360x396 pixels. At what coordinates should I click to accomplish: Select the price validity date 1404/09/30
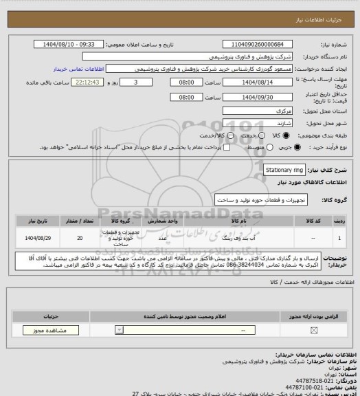click(x=256, y=98)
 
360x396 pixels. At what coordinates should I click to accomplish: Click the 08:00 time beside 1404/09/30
click(x=186, y=98)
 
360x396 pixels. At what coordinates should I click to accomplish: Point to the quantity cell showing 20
click(x=81, y=238)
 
